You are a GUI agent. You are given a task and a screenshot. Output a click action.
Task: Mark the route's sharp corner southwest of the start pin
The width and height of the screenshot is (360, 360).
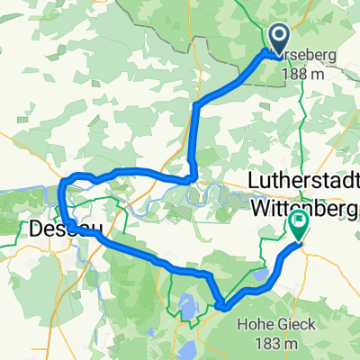195,105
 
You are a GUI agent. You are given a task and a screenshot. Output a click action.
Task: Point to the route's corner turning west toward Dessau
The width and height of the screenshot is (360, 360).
191,177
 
